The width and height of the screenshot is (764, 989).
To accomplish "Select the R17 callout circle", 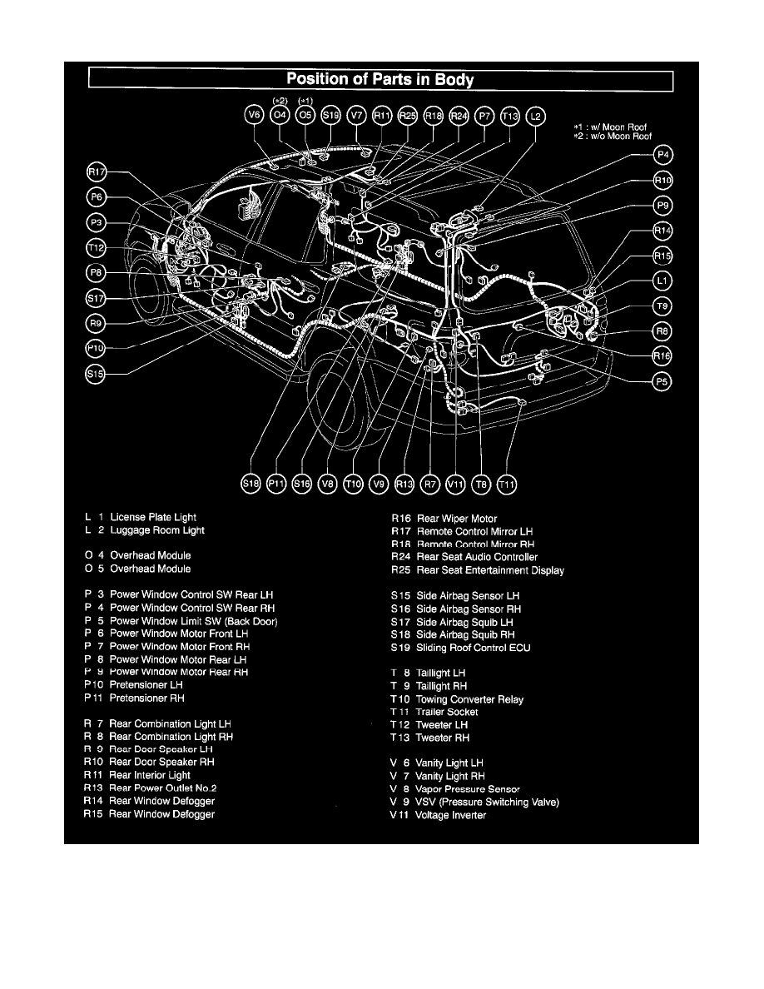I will tap(97, 172).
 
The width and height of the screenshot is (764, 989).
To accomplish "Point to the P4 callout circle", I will tap(663, 155).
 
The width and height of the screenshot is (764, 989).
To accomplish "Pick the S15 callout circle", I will tap(97, 375).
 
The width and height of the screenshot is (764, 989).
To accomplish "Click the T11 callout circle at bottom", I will tap(506, 483).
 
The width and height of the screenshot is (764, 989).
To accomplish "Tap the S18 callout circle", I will tap(251, 483).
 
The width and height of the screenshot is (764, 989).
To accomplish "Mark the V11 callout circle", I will tap(456, 483).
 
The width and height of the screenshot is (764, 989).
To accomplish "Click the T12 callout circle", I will tap(97, 247).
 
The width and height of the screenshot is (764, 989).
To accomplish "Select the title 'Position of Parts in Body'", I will tap(380, 80).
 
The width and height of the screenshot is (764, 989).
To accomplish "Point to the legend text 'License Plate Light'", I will tap(153, 517).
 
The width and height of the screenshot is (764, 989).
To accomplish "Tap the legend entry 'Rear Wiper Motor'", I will tap(457, 519).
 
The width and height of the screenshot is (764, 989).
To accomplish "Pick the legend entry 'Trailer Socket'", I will tap(447, 712).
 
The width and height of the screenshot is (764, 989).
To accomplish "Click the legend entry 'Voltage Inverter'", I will tap(451, 815).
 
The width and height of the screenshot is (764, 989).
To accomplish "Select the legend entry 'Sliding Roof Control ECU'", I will tap(473, 648).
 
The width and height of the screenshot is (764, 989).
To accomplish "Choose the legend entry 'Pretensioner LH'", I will tap(146, 684).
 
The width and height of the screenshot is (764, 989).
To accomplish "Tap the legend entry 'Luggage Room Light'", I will tap(156, 530).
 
